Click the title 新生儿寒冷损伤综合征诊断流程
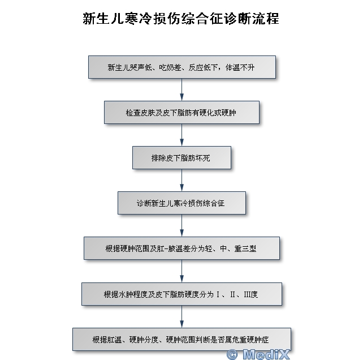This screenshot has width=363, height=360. (181, 19)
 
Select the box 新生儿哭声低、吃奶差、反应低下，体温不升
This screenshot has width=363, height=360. (182, 67)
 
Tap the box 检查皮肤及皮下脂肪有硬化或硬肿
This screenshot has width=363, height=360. (181, 113)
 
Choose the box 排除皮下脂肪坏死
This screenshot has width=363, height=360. (181, 157)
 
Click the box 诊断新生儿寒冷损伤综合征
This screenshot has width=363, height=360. (181, 203)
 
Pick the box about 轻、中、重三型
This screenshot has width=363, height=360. (181, 248)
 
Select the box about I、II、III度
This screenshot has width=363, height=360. (181, 294)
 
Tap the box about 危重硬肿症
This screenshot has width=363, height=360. (181, 340)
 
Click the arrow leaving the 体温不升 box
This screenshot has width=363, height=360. (181, 89)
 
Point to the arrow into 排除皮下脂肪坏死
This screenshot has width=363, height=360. (181, 135)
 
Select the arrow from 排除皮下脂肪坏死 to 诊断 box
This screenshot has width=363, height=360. (181, 180)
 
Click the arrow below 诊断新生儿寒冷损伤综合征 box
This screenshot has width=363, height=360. (181, 225)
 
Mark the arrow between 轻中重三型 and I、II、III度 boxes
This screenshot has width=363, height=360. (181, 271)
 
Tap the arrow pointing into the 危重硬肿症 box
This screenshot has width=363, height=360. (181, 316)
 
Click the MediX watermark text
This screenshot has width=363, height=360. (266, 354)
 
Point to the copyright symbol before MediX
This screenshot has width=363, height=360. (232, 354)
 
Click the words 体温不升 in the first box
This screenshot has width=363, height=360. (240, 67)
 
